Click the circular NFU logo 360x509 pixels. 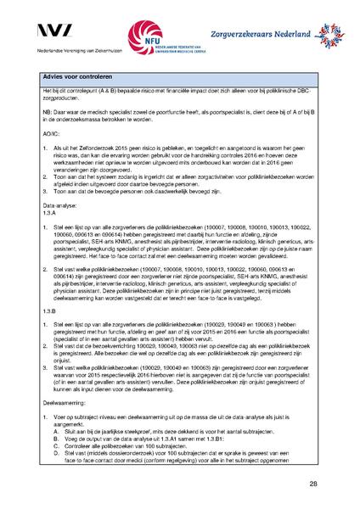(146, 36)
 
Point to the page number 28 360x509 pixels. (313, 483)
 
